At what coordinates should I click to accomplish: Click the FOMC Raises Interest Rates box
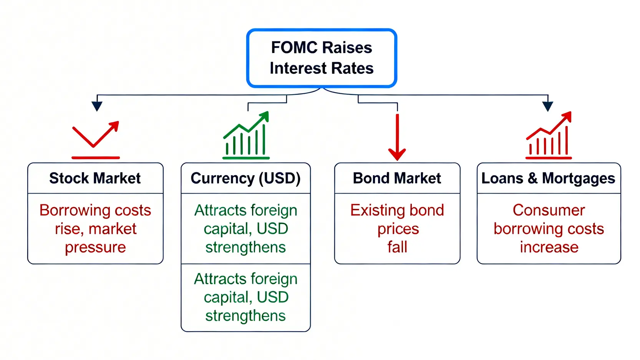[321, 58]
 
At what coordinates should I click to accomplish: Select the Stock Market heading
[95, 178]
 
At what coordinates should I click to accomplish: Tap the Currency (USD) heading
[245, 178]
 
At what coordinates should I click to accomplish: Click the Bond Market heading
[397, 178]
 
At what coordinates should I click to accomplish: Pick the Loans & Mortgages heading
[548, 178]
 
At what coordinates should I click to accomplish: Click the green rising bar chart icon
[246, 136]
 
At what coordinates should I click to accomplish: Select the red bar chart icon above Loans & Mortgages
[549, 136]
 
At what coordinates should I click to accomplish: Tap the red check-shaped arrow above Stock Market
[95, 134]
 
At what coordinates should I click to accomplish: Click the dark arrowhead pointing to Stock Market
[97, 106]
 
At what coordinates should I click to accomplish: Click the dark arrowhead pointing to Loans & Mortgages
[547, 106]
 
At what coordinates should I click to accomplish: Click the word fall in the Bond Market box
[397, 247]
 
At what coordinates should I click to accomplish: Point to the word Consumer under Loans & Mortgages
[549, 210]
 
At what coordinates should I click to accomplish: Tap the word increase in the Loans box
[549, 247]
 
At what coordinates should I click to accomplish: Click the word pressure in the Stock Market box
[95, 247]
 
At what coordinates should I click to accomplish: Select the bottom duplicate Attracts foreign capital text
[245, 297]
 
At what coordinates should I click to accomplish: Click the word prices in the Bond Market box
[398, 229]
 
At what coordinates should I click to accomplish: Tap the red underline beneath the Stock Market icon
[96, 158]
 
